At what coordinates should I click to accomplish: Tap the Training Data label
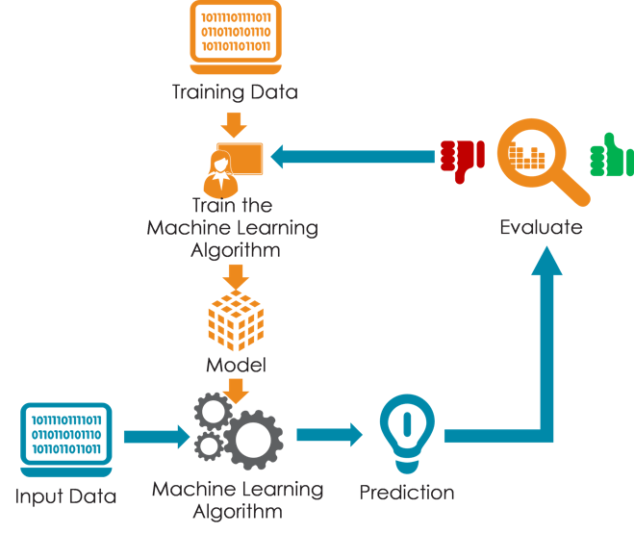coord(235,93)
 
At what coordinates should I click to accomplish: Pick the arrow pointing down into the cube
coord(234,277)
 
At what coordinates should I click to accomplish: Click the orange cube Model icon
coord(234,322)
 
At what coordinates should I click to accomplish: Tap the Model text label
coord(235,367)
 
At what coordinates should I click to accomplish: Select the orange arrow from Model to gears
coord(236,390)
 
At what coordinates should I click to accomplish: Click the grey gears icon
coord(238,431)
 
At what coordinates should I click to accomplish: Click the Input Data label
coord(66,497)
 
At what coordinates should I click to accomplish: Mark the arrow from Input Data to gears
coord(154,437)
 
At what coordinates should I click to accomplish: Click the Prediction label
coord(407,493)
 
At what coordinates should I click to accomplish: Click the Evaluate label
coord(541,228)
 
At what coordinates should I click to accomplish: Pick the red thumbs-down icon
coord(461,157)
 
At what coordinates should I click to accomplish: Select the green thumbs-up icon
coord(612,156)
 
